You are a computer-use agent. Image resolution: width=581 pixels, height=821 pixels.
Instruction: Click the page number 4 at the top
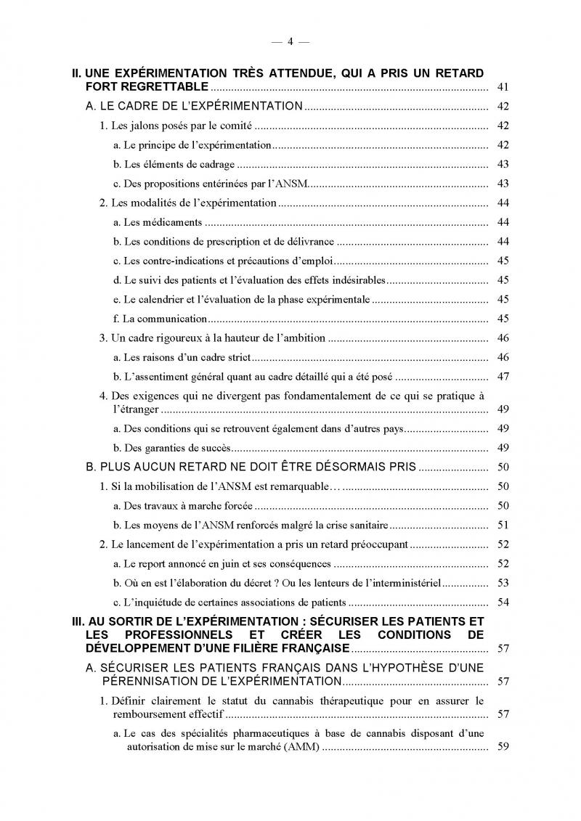tap(290, 41)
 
